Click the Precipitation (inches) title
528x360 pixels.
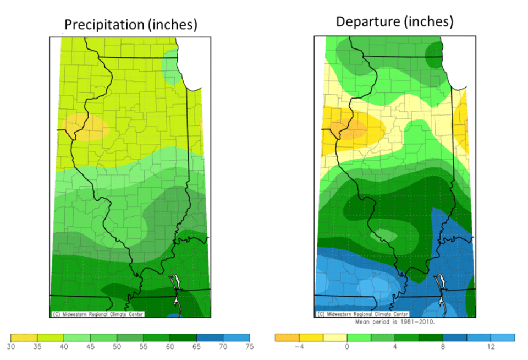(130, 25)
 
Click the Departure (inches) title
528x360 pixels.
(394, 21)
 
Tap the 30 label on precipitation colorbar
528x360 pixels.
(10, 346)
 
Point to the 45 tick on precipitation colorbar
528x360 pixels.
(90, 346)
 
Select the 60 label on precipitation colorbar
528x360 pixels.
(170, 346)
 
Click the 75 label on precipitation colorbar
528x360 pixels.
(249, 346)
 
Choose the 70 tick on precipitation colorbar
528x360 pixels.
(223, 346)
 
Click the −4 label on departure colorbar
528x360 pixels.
(300, 347)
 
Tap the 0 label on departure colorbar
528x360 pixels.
(347, 347)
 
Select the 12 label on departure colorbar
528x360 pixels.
(491, 347)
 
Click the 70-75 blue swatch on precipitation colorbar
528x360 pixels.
(236, 337)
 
